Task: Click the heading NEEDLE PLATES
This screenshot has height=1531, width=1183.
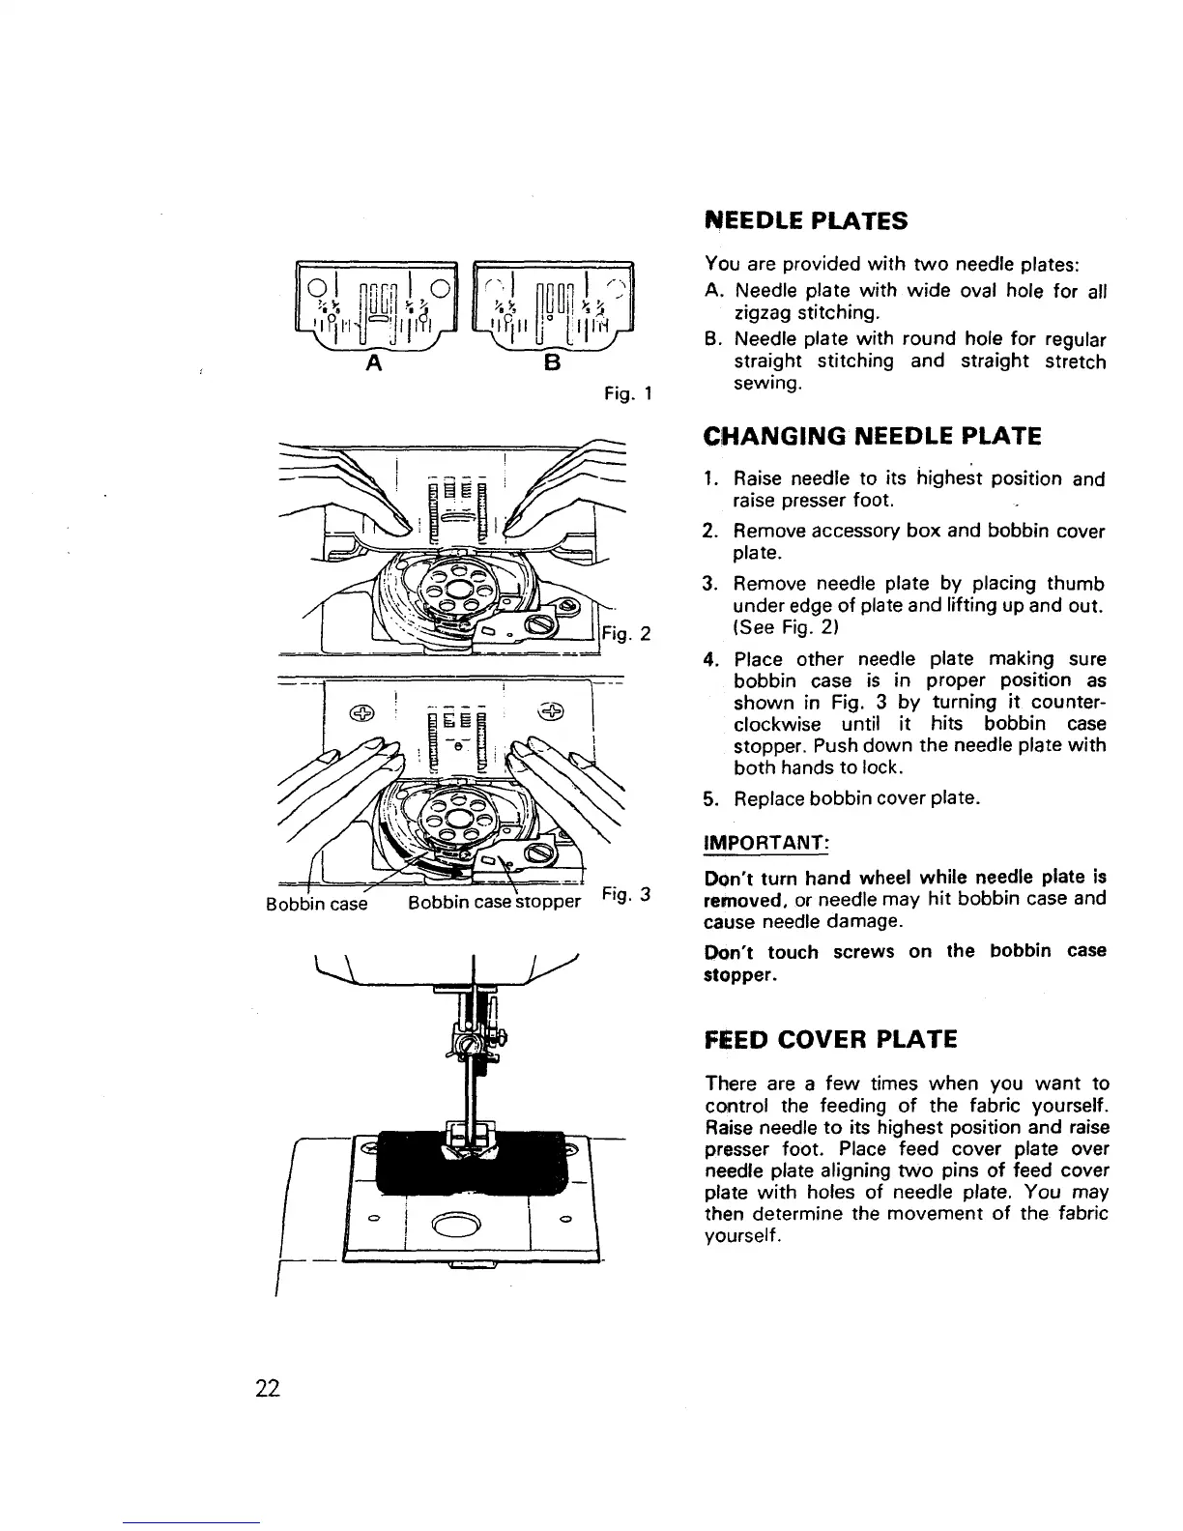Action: [x=806, y=220]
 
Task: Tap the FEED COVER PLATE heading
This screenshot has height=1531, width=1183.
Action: [x=831, y=1039]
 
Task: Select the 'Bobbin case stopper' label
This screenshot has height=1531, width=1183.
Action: [x=494, y=903]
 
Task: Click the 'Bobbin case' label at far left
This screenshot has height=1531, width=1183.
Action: [x=316, y=903]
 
